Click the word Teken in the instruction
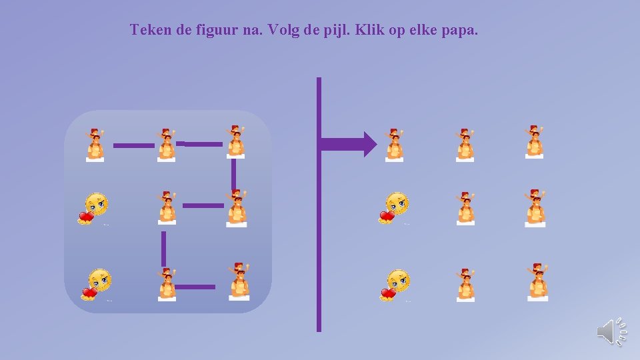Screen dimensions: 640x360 (151, 30)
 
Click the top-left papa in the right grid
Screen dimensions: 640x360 (395, 145)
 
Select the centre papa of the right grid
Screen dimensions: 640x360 (466, 208)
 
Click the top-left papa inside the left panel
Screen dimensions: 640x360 (96, 145)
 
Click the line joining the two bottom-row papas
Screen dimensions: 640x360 (195, 287)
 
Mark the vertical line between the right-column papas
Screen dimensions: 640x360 (233, 175)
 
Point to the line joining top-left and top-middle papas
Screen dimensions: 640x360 (133, 145)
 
